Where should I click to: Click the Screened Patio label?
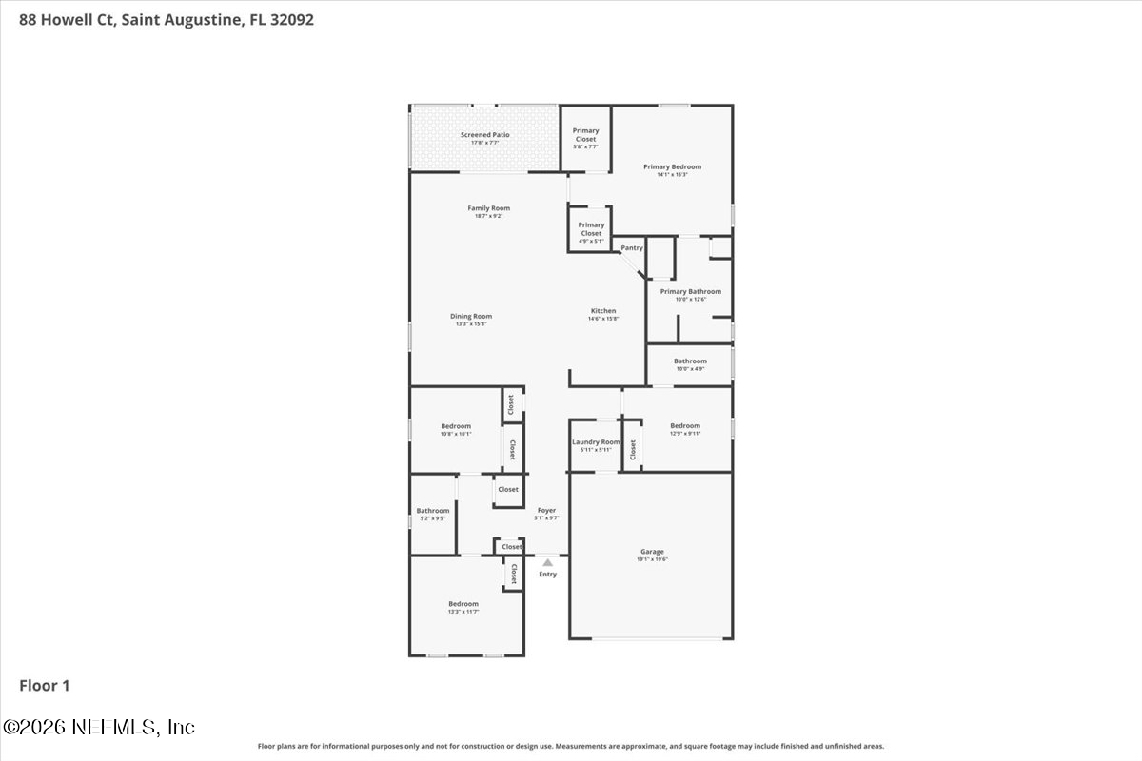[x=484, y=135]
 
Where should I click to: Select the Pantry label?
[x=632, y=248]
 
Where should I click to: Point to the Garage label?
[x=652, y=552]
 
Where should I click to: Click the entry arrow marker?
[x=547, y=562]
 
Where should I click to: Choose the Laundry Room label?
[x=596, y=441]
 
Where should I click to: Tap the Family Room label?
[x=488, y=208]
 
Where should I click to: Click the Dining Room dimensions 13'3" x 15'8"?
[x=471, y=324]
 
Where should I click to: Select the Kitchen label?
[x=603, y=311]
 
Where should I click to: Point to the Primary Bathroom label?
[x=690, y=291]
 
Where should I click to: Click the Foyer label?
[x=546, y=510]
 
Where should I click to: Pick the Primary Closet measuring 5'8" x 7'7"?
[x=586, y=135]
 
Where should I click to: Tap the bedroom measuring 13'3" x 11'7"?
[x=463, y=604]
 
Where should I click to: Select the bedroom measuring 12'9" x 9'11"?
[x=685, y=426]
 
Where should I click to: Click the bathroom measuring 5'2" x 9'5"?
[x=432, y=511]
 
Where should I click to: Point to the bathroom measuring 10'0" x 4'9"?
[x=690, y=361]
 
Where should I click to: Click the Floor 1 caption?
[x=45, y=685]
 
